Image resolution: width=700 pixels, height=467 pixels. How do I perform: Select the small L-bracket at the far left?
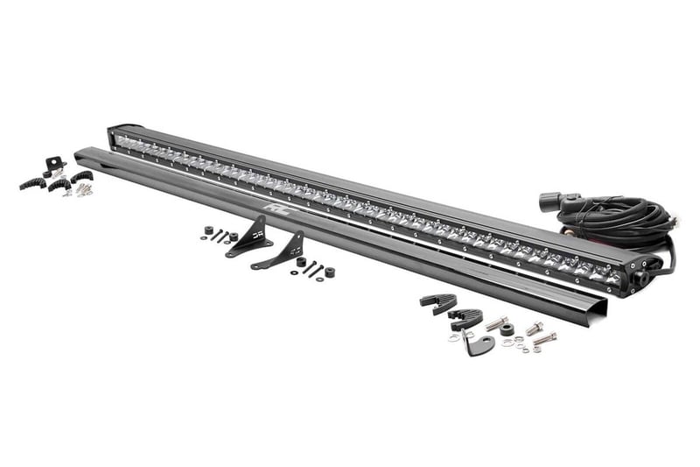pos(54,164)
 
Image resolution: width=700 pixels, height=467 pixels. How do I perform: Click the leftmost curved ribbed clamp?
pos(32,182)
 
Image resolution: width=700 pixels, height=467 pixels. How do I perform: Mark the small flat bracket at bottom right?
pos(479,343)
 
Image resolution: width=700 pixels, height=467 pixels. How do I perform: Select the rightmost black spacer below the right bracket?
pos(330,272)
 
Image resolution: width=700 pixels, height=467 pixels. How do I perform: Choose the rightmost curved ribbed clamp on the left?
pos(81,177)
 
